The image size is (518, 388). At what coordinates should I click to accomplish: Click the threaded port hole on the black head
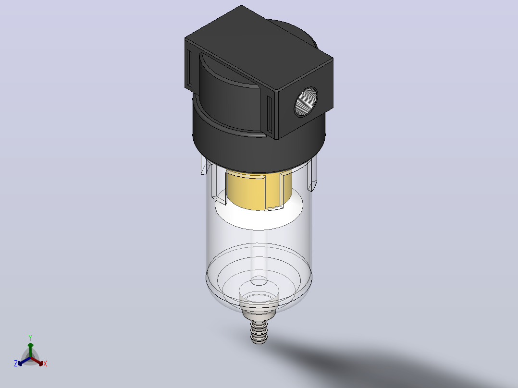[306, 102]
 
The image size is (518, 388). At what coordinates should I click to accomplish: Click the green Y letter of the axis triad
[30, 338]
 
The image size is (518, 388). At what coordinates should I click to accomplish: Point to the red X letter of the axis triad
[45, 364]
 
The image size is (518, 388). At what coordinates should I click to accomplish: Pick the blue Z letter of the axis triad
[16, 364]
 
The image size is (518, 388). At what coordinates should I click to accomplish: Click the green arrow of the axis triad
[30, 350]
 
